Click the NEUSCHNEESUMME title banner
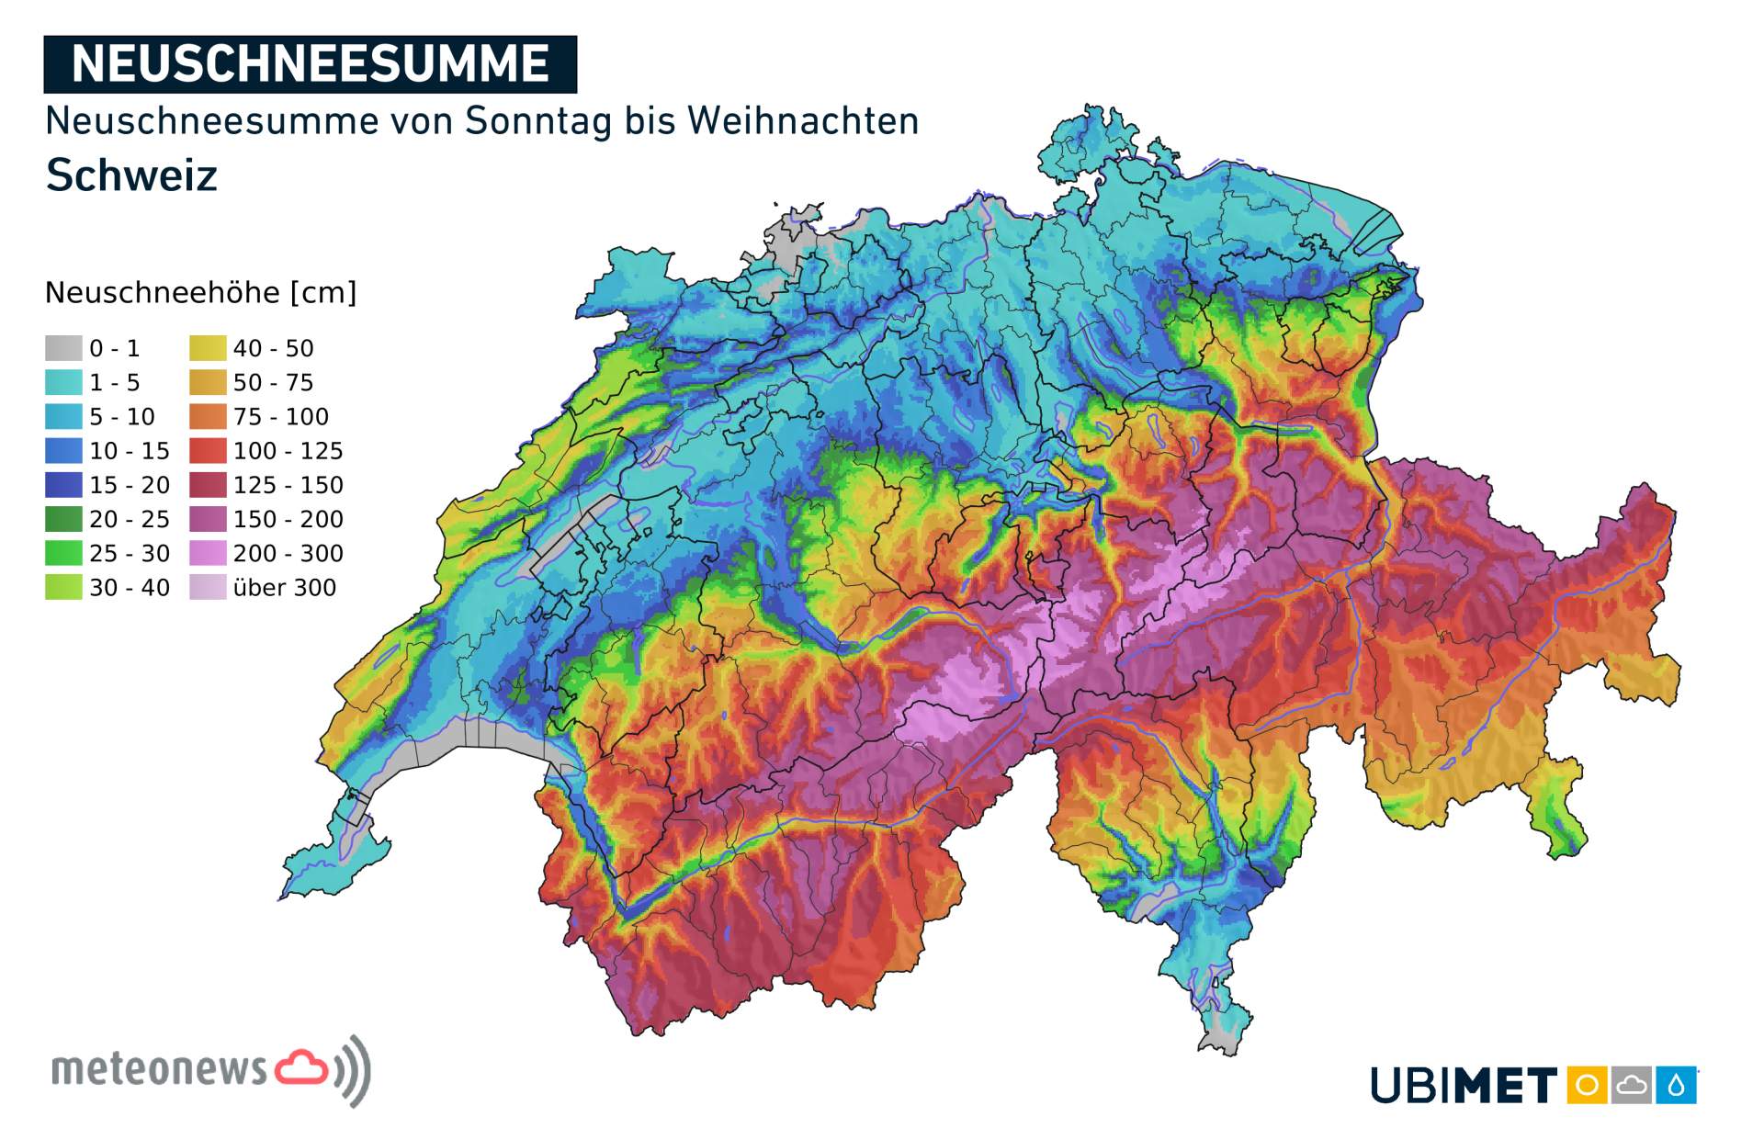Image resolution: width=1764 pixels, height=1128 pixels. pos(310,64)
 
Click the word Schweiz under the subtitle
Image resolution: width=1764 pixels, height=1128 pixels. pos(131,175)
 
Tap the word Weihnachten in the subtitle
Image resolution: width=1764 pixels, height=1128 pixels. pos(802,121)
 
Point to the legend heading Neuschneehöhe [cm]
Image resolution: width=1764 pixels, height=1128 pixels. pos(200,293)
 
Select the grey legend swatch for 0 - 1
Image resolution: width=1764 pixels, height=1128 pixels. pos(63,348)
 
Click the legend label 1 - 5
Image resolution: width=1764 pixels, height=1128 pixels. pos(115,382)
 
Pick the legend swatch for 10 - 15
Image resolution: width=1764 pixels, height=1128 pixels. pos(63,451)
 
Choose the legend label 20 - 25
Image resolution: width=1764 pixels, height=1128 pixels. pos(130,519)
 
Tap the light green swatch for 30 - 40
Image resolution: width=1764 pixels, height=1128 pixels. pos(63,587)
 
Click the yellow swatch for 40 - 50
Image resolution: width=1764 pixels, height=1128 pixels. pos(208,348)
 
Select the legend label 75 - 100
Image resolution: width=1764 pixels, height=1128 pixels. pos(280,417)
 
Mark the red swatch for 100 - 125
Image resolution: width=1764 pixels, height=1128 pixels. pos(208,451)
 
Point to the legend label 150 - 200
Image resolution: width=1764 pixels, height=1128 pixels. pos(288,519)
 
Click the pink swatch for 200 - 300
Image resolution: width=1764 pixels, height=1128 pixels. pos(208,553)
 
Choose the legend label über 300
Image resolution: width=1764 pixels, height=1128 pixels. pos(284,587)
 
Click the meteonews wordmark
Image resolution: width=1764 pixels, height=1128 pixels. pos(159,1070)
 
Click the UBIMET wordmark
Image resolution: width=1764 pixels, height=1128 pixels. pos(1464,1086)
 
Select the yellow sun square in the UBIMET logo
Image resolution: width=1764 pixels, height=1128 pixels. pos(1586,1085)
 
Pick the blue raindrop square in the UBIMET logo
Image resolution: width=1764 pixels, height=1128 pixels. pos(1677,1085)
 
